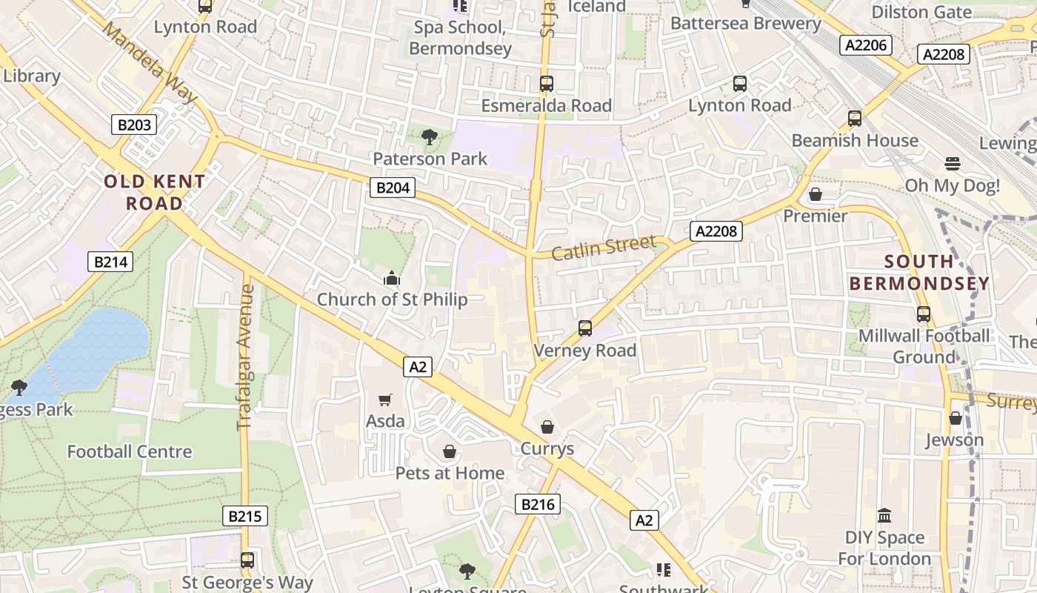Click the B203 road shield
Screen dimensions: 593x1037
[x=134, y=125]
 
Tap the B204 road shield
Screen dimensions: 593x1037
[x=393, y=188]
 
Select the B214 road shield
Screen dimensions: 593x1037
[x=110, y=261]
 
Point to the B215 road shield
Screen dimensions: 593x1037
[x=245, y=516]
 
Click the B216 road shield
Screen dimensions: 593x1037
[x=538, y=505]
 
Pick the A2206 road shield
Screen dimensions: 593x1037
[x=866, y=45]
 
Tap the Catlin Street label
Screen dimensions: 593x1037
[x=604, y=247]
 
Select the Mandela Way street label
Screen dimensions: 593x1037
[x=150, y=62]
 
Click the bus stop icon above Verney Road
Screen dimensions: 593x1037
[x=585, y=328]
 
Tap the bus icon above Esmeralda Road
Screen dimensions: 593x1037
[x=547, y=84]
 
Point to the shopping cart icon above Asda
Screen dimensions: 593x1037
[x=384, y=400]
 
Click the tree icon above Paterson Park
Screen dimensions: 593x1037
[x=429, y=136]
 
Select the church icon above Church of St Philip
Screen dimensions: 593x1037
[x=391, y=279]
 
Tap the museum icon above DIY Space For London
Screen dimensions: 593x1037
[x=884, y=515]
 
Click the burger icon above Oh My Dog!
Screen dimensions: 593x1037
[x=953, y=164]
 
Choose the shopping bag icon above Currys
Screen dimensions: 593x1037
[x=547, y=427]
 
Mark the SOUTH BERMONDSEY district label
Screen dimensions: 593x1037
[x=919, y=272]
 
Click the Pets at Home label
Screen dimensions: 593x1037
[x=450, y=473]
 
